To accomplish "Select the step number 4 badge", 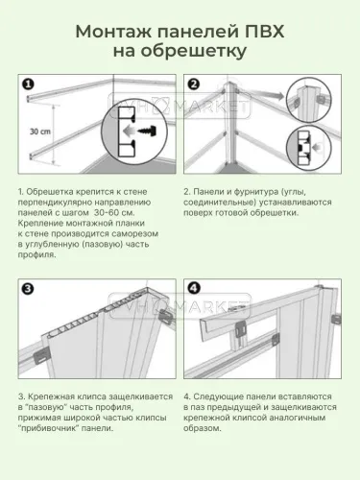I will click(x=193, y=288).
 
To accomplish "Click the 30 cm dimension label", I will click(x=36, y=132).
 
